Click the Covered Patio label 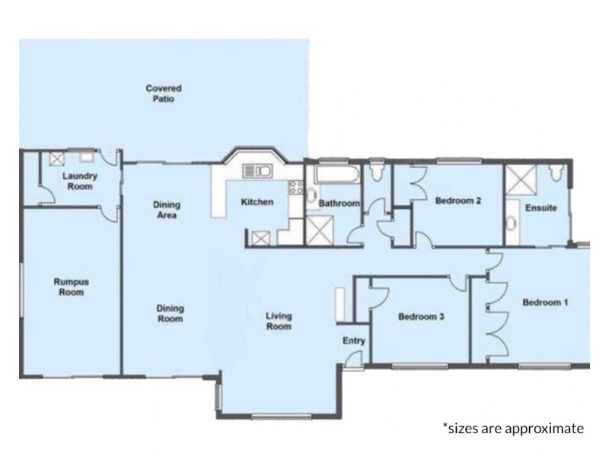[164, 93]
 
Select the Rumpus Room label [71, 287]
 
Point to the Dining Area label [167, 210]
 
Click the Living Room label [279, 321]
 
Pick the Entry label [353, 341]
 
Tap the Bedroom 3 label [421, 317]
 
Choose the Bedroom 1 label [545, 302]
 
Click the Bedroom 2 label [458, 202]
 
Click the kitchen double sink [257, 170]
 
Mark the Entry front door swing [352, 363]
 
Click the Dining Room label [170, 313]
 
